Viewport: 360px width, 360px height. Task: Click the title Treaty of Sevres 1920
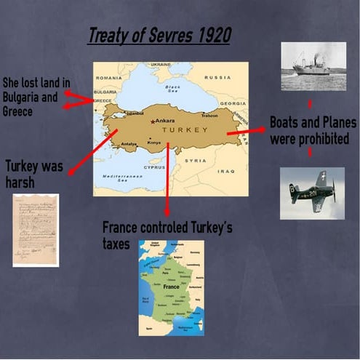coord(159,36)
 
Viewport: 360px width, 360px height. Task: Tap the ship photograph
coord(313,67)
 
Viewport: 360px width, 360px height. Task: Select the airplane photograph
coord(312,193)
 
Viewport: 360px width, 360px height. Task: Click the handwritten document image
coord(36,230)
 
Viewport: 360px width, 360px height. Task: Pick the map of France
coord(172,288)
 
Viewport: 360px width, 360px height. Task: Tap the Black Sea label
coord(171,89)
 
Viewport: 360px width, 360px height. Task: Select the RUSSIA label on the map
coord(217,76)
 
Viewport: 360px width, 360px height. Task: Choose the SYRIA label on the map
coord(195,160)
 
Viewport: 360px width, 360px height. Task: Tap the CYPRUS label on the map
coord(155,166)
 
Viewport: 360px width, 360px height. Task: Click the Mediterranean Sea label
coord(118,179)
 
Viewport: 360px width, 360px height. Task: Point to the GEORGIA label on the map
coord(233,103)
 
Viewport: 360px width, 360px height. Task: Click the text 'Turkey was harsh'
coord(33,173)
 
